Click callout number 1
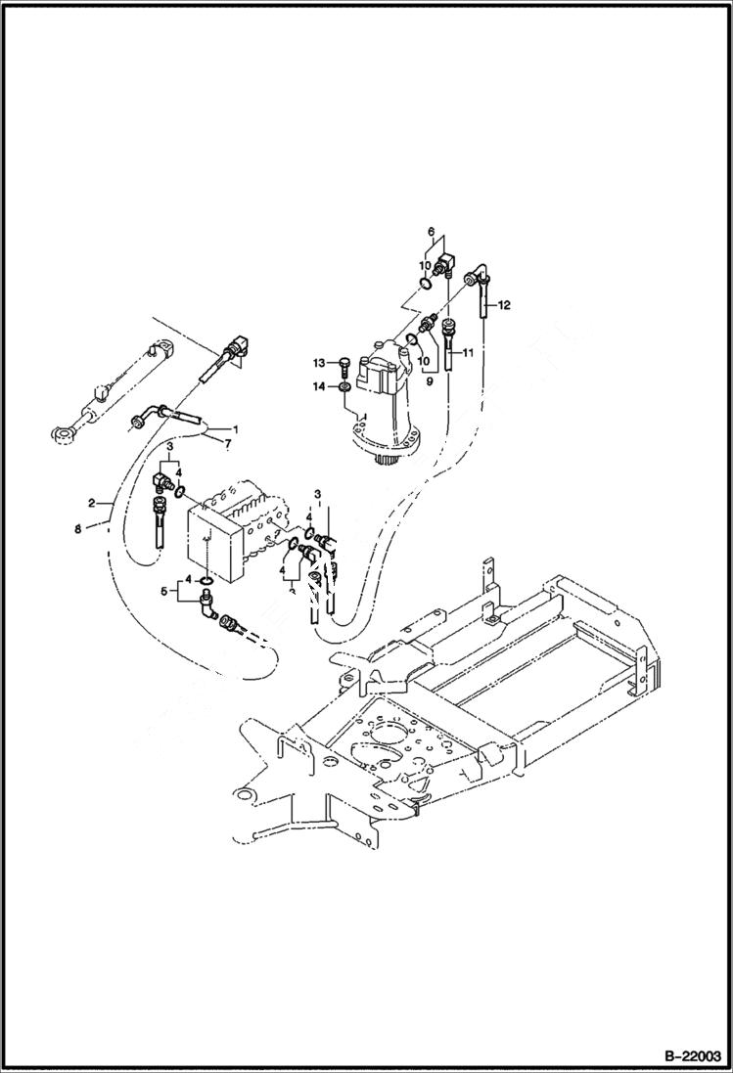click(234, 429)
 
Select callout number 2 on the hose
click(91, 503)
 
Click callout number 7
click(229, 446)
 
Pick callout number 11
click(468, 352)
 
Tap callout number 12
click(504, 305)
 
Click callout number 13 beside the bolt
click(319, 363)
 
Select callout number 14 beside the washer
click(319, 388)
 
